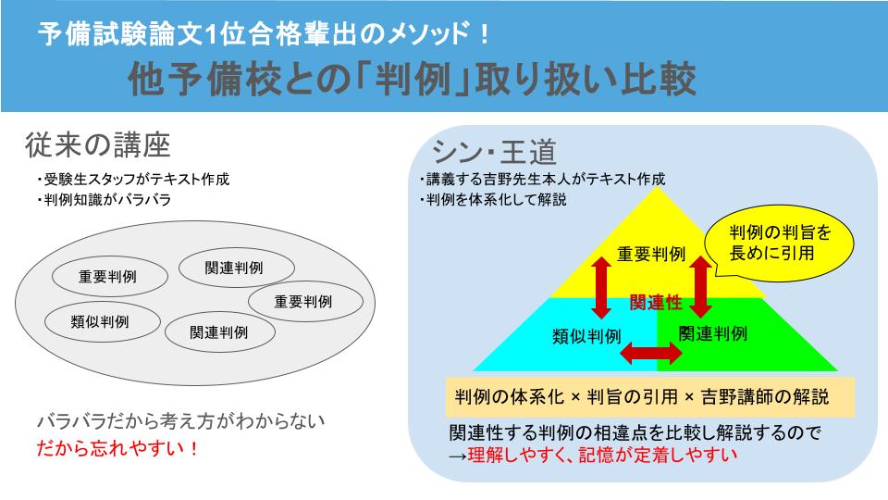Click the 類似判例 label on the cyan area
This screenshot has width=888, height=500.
[586, 334]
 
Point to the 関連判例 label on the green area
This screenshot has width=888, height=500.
[712, 333]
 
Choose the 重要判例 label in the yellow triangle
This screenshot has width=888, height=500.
[651, 254]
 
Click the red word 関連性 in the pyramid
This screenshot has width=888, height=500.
[655, 302]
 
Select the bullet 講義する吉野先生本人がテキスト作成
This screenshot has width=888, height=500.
[541, 180]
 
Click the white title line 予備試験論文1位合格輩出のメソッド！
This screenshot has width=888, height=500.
[264, 35]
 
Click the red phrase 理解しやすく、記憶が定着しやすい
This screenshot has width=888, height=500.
[592, 454]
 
